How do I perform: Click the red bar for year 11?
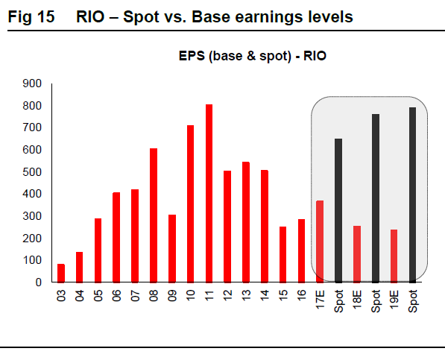pyautogui.click(x=209, y=194)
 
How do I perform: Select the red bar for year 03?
pyautogui.click(x=61, y=274)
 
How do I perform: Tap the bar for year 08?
pyautogui.click(x=154, y=215)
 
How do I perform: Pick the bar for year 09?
pyautogui.click(x=172, y=249)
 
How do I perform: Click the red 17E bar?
pyautogui.click(x=320, y=241)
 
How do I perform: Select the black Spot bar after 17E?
pyautogui.click(x=338, y=211)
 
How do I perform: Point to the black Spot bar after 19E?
pyautogui.click(x=412, y=195)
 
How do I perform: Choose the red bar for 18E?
pyautogui.click(x=357, y=254)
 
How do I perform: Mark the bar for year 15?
pyautogui.click(x=283, y=255)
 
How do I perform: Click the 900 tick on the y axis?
pyautogui.click(x=32, y=83)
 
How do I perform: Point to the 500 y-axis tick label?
pyautogui.click(x=32, y=172)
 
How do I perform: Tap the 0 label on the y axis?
pyautogui.click(x=38, y=282)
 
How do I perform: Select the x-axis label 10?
pyautogui.click(x=190, y=295)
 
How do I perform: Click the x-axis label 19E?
pyautogui.click(x=394, y=300)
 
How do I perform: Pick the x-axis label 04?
pyautogui.click(x=80, y=295)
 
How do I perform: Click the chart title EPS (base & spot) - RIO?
pyautogui.click(x=252, y=56)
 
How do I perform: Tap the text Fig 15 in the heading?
pyautogui.click(x=31, y=16)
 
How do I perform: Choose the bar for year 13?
pyautogui.click(x=246, y=222)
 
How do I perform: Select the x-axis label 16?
pyautogui.click(x=301, y=295)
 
